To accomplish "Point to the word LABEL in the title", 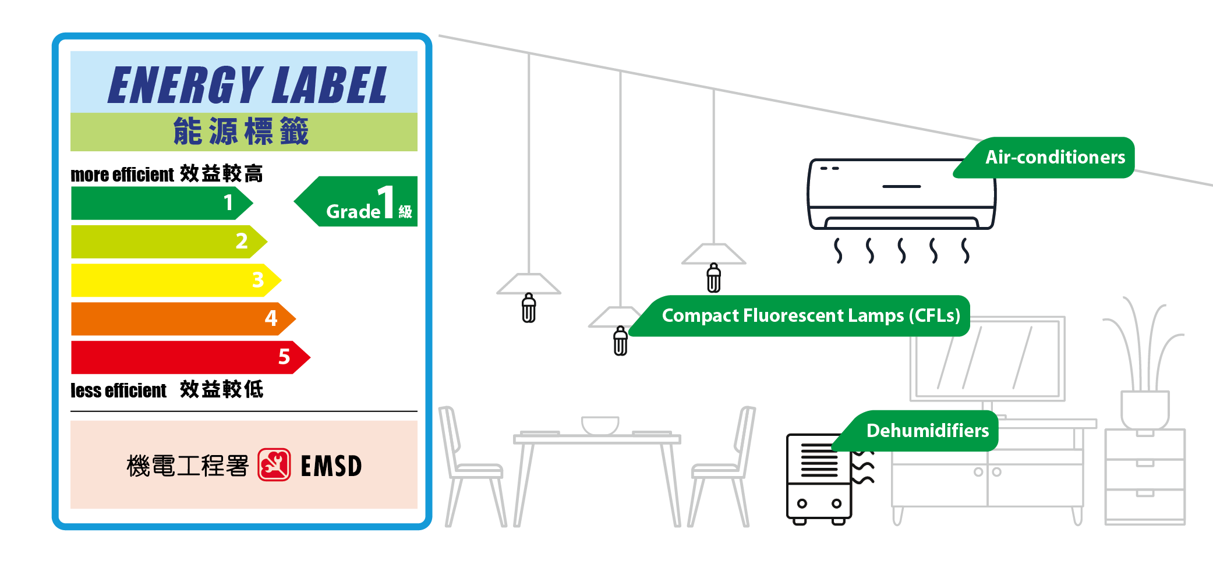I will (x=329, y=85).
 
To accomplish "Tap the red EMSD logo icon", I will (x=274, y=465).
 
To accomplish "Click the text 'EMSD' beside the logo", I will (x=331, y=466).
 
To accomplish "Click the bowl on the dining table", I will (x=600, y=425).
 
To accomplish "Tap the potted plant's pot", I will (x=1145, y=409).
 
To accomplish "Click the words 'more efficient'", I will (x=122, y=175).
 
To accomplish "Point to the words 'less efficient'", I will (x=119, y=390).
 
